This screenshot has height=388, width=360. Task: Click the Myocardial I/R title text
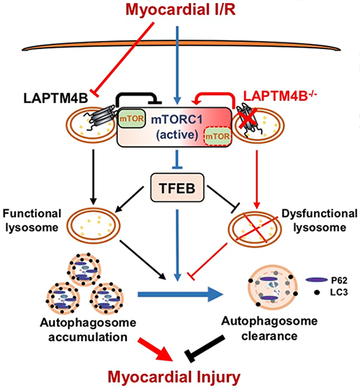click(181, 10)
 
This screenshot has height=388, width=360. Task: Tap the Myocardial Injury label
click(174, 377)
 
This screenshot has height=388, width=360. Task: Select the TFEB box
click(177, 187)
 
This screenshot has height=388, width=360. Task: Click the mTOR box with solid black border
click(131, 119)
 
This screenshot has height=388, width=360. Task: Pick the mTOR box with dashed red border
click(217, 136)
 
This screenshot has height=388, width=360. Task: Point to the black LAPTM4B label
click(55, 98)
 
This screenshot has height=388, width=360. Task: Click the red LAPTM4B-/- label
click(280, 96)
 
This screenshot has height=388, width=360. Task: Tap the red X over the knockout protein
click(248, 118)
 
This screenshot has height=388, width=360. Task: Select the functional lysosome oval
click(93, 225)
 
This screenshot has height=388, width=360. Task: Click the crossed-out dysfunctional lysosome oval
click(255, 227)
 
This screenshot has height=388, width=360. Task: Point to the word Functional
click(32, 213)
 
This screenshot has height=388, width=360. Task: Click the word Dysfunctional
click(320, 213)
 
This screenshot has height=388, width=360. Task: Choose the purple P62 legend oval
click(317, 280)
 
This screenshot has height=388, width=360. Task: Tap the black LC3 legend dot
click(317, 292)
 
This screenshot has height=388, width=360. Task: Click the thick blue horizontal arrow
click(180, 294)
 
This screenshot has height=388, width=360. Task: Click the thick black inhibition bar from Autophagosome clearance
click(205, 348)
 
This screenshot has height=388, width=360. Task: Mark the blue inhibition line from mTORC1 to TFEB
click(177, 159)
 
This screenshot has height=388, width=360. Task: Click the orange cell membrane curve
click(181, 44)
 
